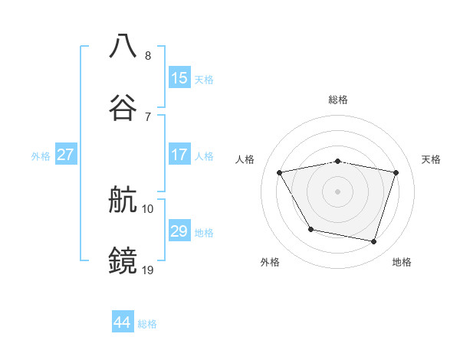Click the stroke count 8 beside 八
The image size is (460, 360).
tap(148, 55)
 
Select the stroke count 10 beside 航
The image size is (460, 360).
tap(148, 208)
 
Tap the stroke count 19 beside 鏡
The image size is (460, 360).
tap(148, 269)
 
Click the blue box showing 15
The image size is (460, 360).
tap(179, 77)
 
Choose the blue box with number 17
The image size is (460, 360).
tap(179, 154)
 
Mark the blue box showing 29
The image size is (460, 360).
tap(179, 231)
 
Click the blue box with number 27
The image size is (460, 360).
tap(65, 154)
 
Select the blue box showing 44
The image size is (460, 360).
tap(122, 322)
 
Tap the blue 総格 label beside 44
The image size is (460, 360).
tap(147, 324)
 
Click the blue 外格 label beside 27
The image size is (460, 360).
tap(41, 155)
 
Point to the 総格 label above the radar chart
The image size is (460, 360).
tap(338, 100)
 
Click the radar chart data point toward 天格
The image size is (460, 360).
tap(396, 172)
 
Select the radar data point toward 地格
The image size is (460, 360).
tap(374, 242)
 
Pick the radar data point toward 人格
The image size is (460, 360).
tap(280, 172)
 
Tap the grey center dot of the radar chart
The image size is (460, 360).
tap(338, 191)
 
